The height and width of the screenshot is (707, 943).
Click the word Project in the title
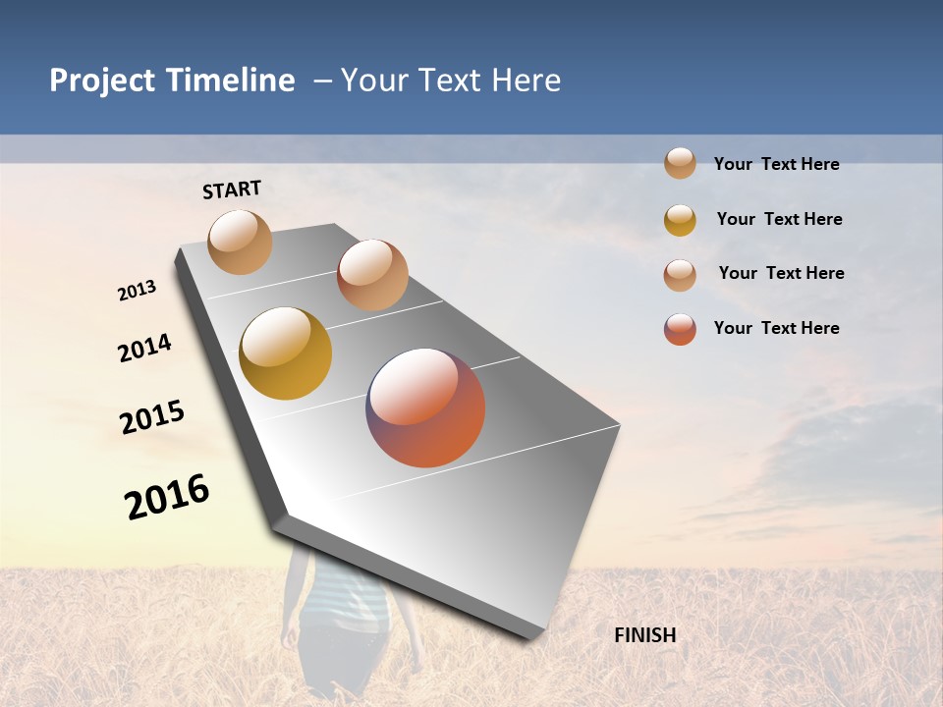point(100,81)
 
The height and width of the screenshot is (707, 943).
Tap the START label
point(232,190)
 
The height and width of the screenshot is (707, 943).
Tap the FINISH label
point(645,635)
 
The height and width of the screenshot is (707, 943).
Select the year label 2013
point(138,291)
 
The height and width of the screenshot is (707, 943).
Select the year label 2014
point(144,349)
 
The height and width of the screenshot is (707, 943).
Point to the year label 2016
point(167,497)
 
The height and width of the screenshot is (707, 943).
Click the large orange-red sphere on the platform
point(425,408)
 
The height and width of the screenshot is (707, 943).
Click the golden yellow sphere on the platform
point(285,353)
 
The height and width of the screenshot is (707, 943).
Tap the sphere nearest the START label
point(241,242)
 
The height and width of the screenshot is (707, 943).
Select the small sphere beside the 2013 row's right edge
point(372,275)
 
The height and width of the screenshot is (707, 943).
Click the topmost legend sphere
point(680,163)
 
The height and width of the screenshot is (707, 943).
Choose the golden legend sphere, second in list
point(680,220)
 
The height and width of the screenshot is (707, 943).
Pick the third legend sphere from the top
point(680,275)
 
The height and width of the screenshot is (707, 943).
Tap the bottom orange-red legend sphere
point(680,329)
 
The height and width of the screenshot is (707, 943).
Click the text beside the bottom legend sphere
point(776,328)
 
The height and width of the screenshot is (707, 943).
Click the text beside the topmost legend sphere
point(776,164)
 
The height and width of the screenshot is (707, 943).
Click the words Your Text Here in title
point(451,81)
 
